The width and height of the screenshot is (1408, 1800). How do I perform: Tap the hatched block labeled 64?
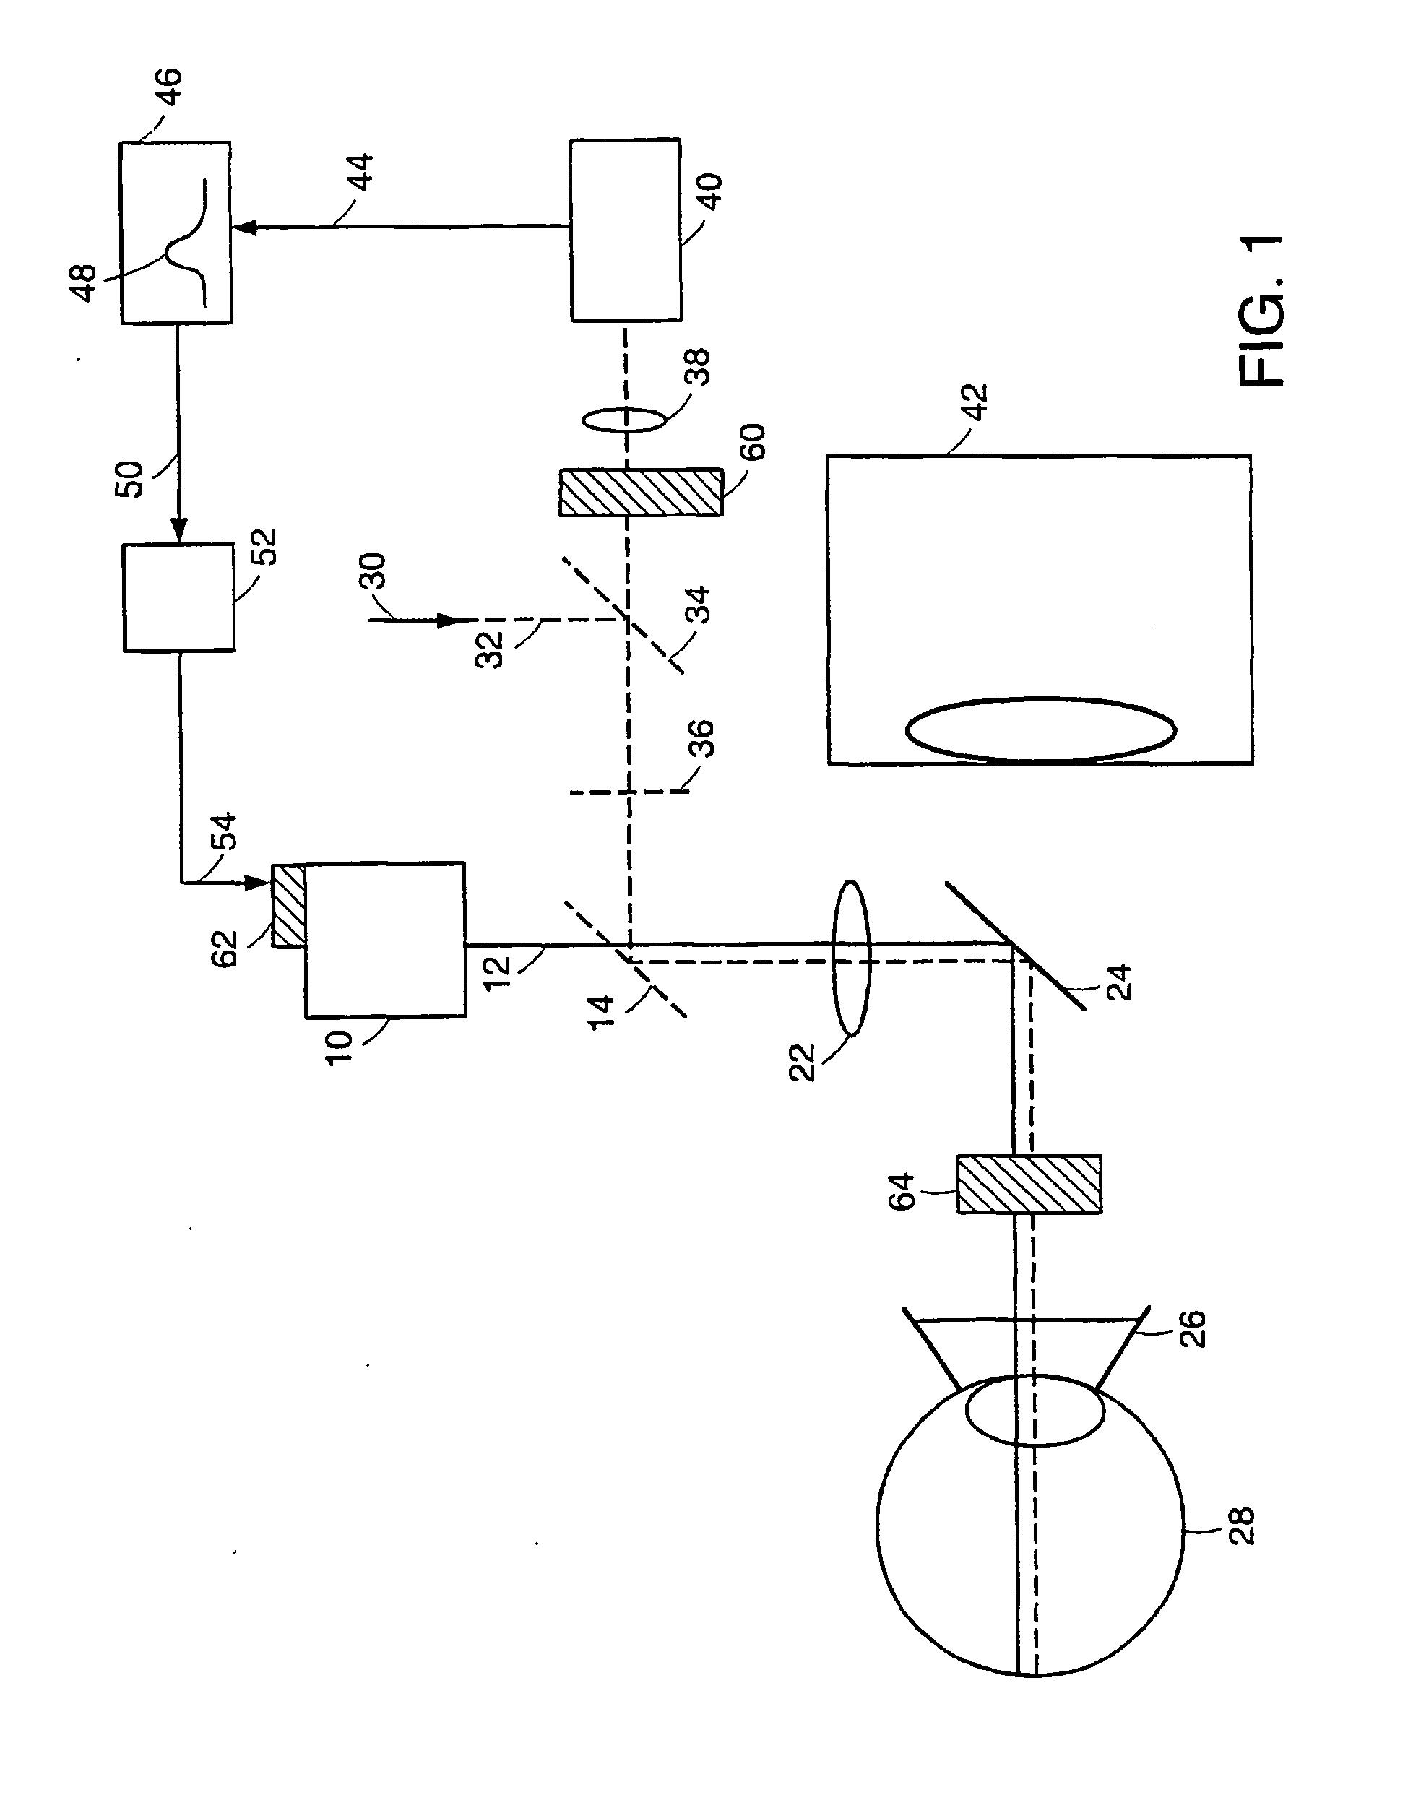click(x=1029, y=1184)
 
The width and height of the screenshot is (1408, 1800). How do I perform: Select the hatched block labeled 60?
click(x=641, y=492)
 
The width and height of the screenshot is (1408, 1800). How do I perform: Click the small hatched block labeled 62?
click(x=288, y=905)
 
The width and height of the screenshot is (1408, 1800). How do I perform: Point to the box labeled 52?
click(x=178, y=597)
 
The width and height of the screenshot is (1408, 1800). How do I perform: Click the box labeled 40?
click(x=626, y=229)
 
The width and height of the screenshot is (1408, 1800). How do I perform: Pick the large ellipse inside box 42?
click(x=1041, y=730)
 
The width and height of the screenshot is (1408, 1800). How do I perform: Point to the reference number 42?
click(x=975, y=402)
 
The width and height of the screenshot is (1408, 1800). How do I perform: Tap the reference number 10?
click(x=339, y=1048)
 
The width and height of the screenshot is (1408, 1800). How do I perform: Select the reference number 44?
click(x=360, y=172)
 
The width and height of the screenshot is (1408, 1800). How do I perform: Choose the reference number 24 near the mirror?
click(x=1118, y=982)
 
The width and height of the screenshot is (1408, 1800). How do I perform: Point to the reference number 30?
click(x=373, y=571)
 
